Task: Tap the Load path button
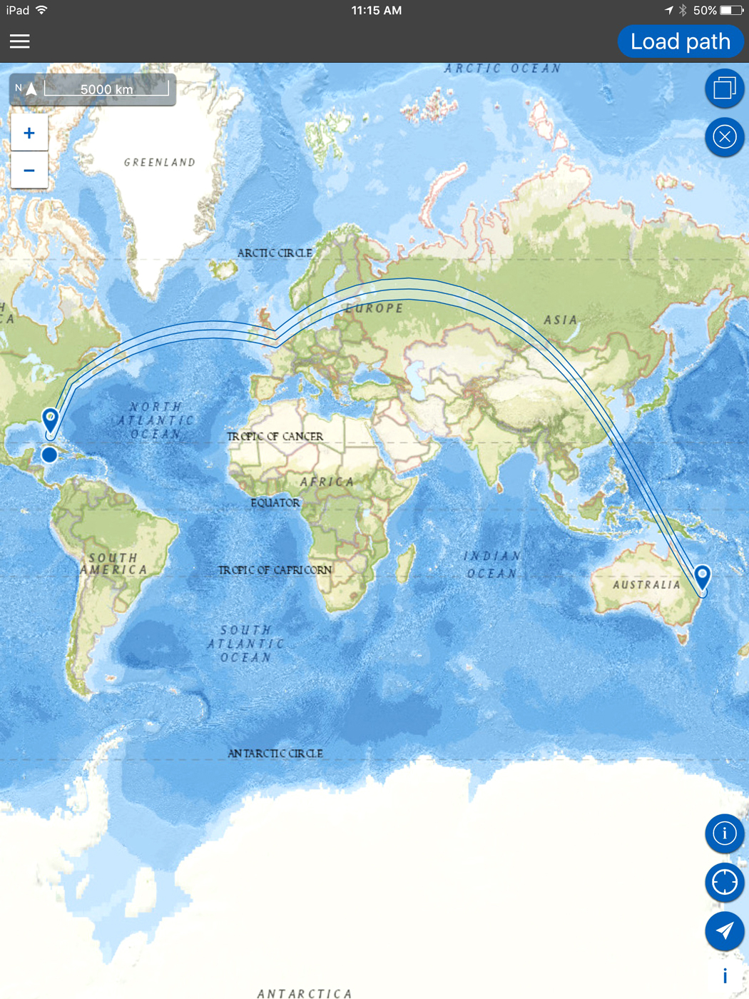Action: click(680, 41)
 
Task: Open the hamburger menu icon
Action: click(20, 41)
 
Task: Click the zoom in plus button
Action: click(29, 133)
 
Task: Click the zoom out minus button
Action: click(29, 171)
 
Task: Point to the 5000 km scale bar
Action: click(106, 89)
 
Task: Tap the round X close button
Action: click(724, 137)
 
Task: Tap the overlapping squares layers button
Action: click(724, 88)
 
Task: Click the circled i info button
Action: click(724, 833)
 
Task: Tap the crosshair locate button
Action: click(724, 882)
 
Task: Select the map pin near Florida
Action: click(51, 420)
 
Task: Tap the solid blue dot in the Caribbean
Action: click(49, 455)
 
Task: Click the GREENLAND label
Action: click(160, 163)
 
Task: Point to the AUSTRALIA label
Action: click(646, 585)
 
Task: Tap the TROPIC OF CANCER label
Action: click(275, 436)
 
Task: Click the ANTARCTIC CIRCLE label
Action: click(275, 754)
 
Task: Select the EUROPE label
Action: click(374, 308)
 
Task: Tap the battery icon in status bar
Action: click(731, 10)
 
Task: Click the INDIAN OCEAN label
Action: click(492, 564)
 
